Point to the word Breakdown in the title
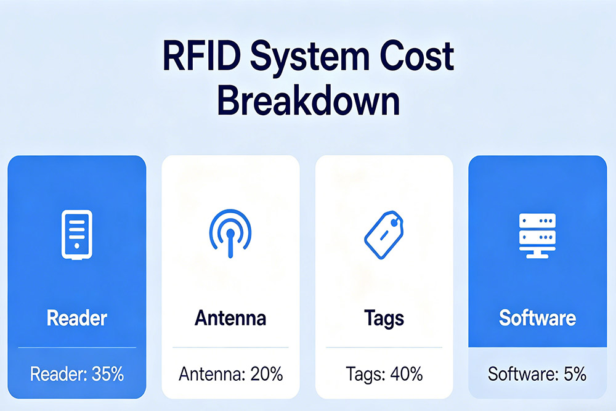(308, 102)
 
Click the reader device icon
(76, 235)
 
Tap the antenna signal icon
(230, 235)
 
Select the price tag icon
(383, 235)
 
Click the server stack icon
(537, 235)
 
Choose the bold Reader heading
(76, 318)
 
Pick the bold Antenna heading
(230, 318)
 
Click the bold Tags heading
(383, 318)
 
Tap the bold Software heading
(537, 318)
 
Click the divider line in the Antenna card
(230, 348)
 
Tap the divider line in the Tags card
(383, 348)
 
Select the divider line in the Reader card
(76, 348)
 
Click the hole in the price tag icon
(394, 218)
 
